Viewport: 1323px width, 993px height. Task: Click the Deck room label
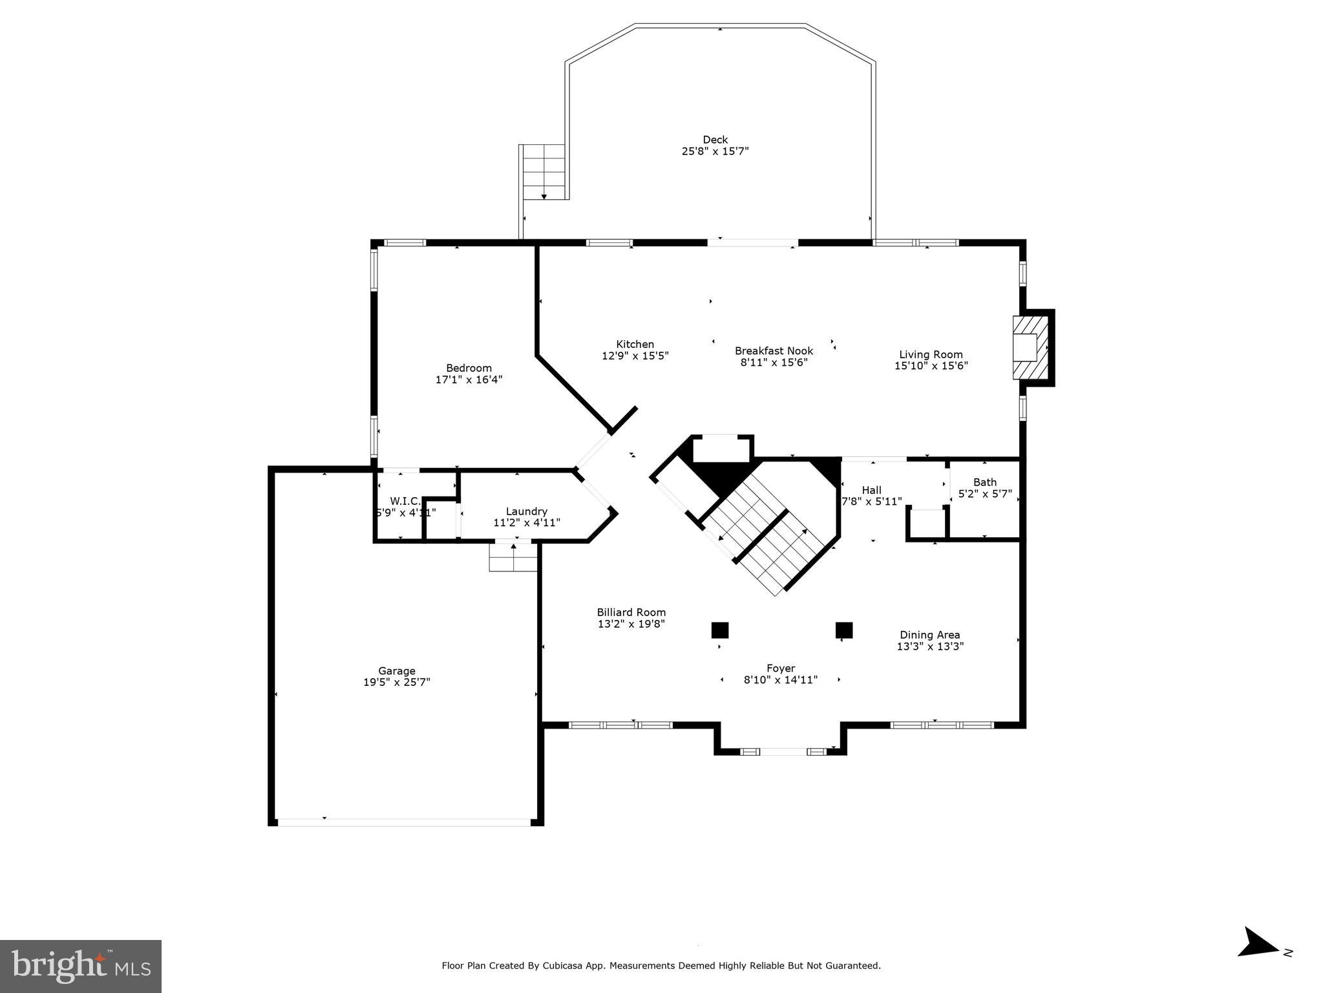tap(715, 140)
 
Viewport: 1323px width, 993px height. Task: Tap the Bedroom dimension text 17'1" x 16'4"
tap(469, 379)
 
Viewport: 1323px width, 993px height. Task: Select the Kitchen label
tap(635, 345)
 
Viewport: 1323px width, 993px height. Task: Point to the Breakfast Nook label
tap(774, 351)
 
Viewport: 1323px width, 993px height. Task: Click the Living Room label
tap(931, 354)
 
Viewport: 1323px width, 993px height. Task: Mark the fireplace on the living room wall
tap(1029, 347)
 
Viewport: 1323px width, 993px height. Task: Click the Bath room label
tap(984, 482)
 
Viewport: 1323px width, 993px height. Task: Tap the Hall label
tap(871, 490)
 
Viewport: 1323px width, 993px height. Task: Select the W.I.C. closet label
tap(405, 501)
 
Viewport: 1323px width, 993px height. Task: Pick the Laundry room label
tap(526, 511)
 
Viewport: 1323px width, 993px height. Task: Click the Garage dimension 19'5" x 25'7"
tap(396, 682)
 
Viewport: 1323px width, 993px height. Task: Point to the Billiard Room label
tap(631, 612)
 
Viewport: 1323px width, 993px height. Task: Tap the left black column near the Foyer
tap(719, 630)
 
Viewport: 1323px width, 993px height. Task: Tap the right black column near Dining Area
tap(843, 630)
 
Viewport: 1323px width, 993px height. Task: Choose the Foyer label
tap(781, 668)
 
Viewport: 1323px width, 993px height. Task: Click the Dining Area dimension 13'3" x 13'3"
tap(930, 646)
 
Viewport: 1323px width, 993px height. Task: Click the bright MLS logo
tap(81, 966)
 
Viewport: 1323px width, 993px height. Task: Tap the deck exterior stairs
tap(544, 172)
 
